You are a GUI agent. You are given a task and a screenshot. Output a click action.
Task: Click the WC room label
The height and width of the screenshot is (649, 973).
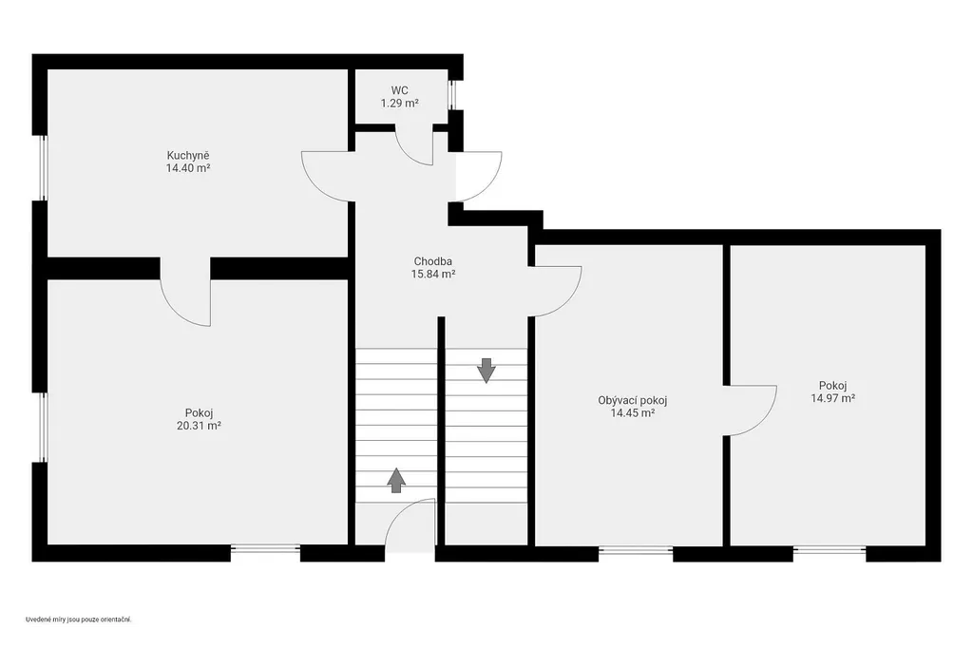point(400,90)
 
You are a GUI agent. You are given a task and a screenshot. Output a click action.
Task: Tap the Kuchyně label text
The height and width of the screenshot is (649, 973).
point(188,155)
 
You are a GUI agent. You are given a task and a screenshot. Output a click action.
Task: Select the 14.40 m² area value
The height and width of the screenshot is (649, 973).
point(188,168)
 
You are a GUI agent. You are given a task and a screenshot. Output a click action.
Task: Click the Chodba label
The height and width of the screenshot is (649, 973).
point(433,261)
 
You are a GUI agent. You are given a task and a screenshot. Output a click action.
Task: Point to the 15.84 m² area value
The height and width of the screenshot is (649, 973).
point(433,274)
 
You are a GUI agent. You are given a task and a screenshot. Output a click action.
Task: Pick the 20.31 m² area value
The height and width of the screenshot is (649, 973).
point(200,426)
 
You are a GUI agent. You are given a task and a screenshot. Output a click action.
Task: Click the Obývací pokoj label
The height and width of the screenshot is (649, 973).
point(632,400)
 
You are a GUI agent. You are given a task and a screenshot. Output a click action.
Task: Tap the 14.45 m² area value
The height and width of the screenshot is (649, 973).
point(633,413)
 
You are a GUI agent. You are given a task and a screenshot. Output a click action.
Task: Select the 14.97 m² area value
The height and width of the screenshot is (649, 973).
point(832,398)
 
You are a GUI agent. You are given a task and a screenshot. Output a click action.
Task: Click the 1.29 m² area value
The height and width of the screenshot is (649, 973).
point(400,103)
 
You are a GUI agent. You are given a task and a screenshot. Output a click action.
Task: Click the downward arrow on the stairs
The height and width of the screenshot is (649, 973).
point(486,370)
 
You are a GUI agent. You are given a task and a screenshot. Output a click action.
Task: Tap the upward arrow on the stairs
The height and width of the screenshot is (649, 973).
point(396,480)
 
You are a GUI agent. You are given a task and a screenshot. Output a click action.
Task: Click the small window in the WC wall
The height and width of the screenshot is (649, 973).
point(451,95)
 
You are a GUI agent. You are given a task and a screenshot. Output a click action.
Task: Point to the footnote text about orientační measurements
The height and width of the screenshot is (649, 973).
point(79,620)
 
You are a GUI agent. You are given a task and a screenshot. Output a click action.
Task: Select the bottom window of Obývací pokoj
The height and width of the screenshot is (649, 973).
point(636,550)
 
